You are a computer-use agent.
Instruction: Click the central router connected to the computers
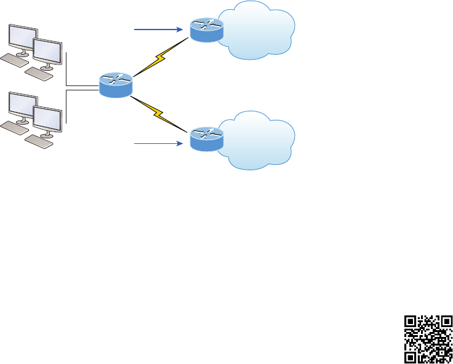(x=115, y=85)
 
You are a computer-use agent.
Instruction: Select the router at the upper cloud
(x=206, y=30)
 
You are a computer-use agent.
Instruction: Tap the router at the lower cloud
(x=206, y=139)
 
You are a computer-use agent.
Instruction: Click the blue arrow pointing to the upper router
(x=157, y=29)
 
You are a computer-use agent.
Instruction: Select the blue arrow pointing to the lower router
(x=157, y=143)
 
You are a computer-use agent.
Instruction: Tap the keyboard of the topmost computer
(x=14, y=61)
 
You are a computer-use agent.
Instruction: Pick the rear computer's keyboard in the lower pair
(x=14, y=128)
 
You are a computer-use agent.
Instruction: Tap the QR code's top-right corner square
(x=446, y=322)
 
